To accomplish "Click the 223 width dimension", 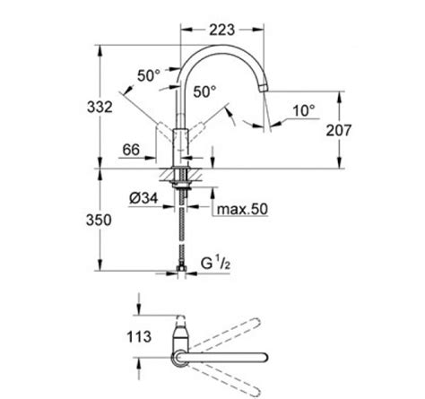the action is pyautogui.click(x=221, y=30).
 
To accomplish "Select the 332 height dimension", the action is pyautogui.click(x=100, y=107).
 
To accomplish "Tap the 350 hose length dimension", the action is pyautogui.click(x=99, y=221).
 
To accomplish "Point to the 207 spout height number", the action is pyautogui.click(x=339, y=130).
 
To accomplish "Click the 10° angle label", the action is pyautogui.click(x=304, y=111).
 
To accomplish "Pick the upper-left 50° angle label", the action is pyautogui.click(x=149, y=75).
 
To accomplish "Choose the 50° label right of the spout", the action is pyautogui.click(x=204, y=91).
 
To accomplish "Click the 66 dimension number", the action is pyautogui.click(x=131, y=150).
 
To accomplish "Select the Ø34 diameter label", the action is pyautogui.click(x=143, y=198).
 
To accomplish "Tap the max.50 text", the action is pyautogui.click(x=242, y=209).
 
